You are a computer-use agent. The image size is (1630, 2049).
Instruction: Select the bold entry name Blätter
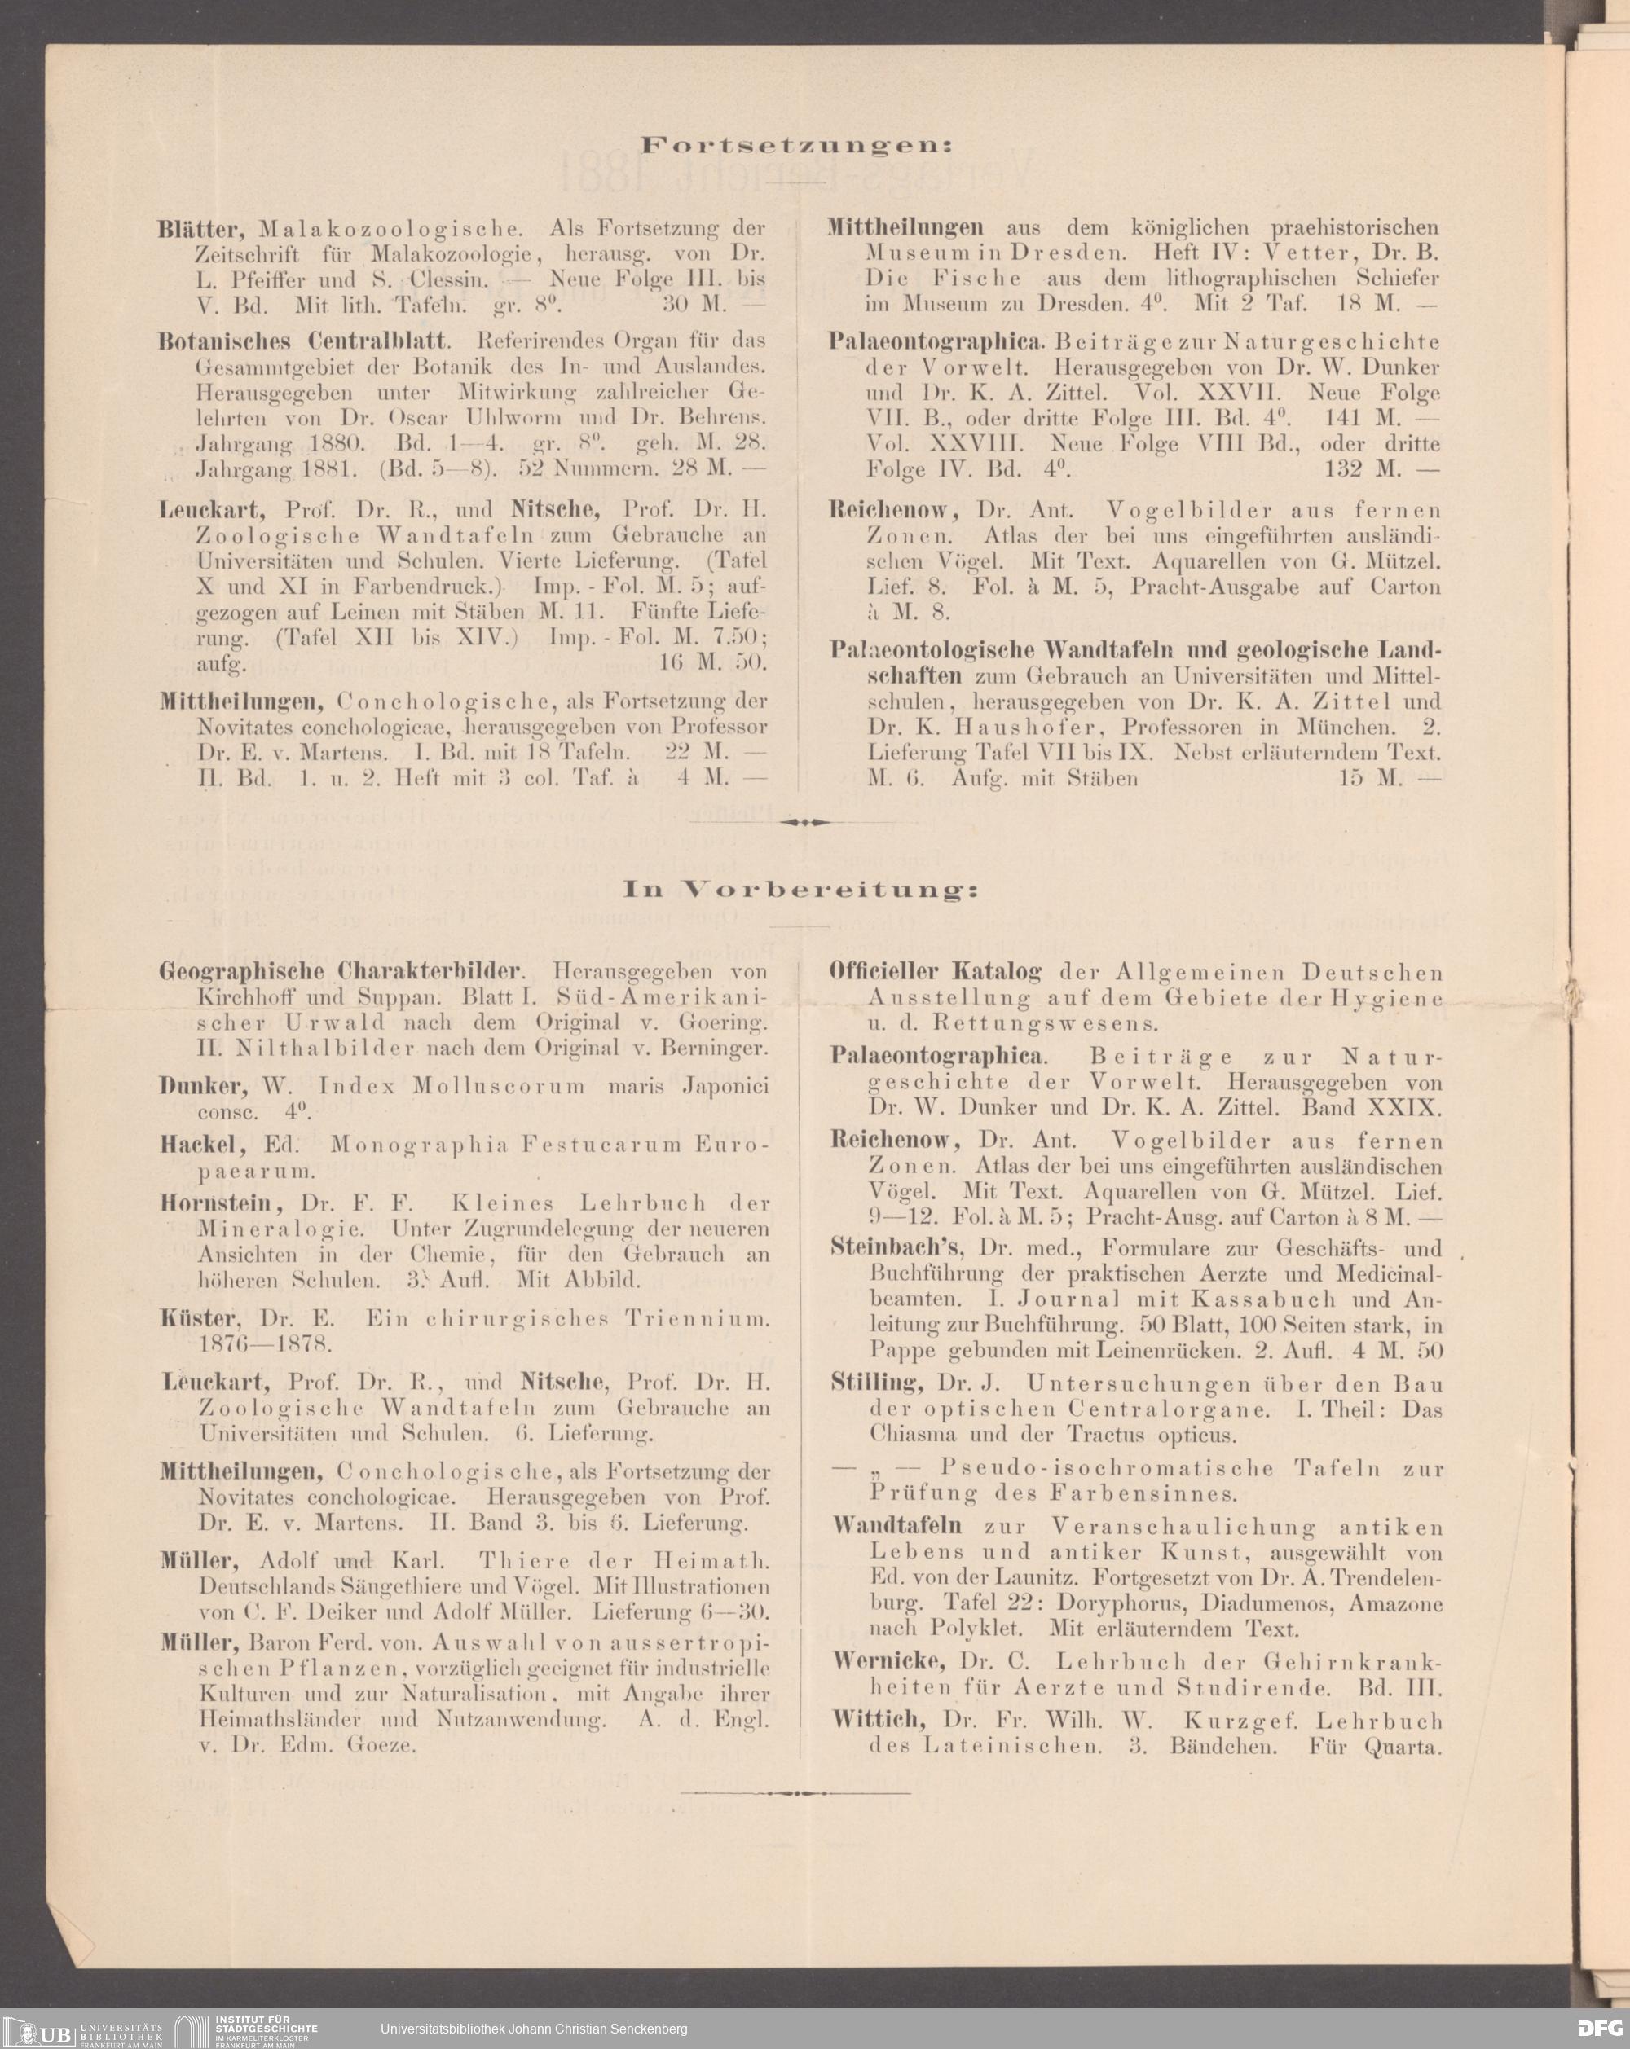(205, 229)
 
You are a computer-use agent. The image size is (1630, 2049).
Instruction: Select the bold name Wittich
(879, 1719)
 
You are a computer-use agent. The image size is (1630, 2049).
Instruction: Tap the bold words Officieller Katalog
(936, 972)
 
